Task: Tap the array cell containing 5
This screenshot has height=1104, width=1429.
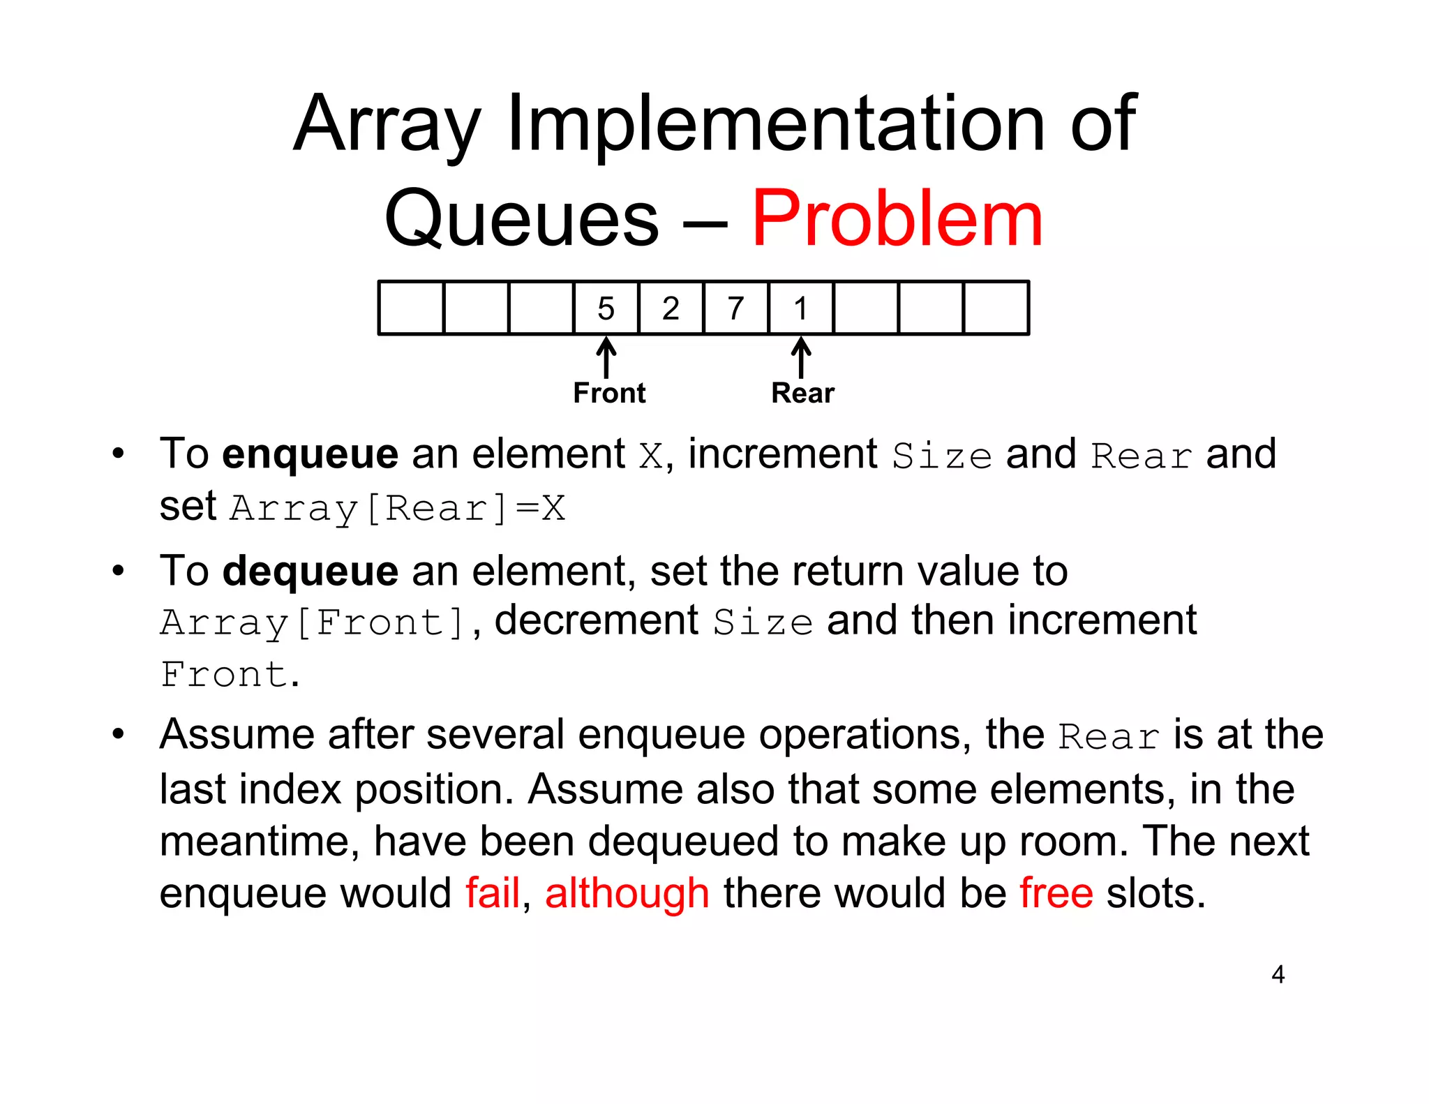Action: (606, 308)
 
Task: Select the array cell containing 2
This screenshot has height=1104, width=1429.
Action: (671, 308)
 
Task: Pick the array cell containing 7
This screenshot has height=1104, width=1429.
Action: (735, 308)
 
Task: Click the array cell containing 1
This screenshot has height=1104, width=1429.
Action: (800, 308)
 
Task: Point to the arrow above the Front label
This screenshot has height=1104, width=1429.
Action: (606, 357)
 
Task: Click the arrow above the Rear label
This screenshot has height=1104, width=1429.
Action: (801, 357)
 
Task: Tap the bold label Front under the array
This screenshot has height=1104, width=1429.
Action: (609, 393)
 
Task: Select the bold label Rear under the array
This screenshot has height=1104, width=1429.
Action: (802, 393)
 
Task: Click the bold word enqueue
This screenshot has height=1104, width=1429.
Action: (311, 455)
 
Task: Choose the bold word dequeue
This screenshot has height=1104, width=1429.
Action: (311, 572)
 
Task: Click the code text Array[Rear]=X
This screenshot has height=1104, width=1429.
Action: (398, 508)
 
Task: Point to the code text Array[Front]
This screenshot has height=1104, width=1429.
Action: (312, 622)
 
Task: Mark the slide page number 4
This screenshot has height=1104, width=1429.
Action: (1278, 974)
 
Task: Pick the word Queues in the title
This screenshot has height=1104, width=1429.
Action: (521, 219)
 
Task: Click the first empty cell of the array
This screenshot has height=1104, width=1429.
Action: (411, 308)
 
